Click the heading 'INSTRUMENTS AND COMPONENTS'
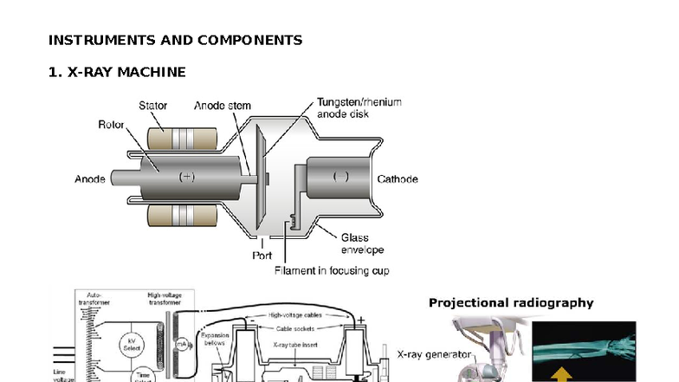(175, 40)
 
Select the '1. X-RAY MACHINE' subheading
(117, 71)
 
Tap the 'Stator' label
(153, 106)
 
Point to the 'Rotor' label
(110, 125)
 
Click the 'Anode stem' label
(223, 106)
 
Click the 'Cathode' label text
(398, 179)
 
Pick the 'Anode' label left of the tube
(90, 179)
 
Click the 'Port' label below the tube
(262, 256)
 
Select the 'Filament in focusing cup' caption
(331, 271)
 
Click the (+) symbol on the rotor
(186, 177)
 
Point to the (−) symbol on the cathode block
(340, 177)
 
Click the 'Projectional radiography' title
(511, 303)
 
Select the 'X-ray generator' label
(435, 354)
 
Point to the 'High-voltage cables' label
(294, 315)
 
